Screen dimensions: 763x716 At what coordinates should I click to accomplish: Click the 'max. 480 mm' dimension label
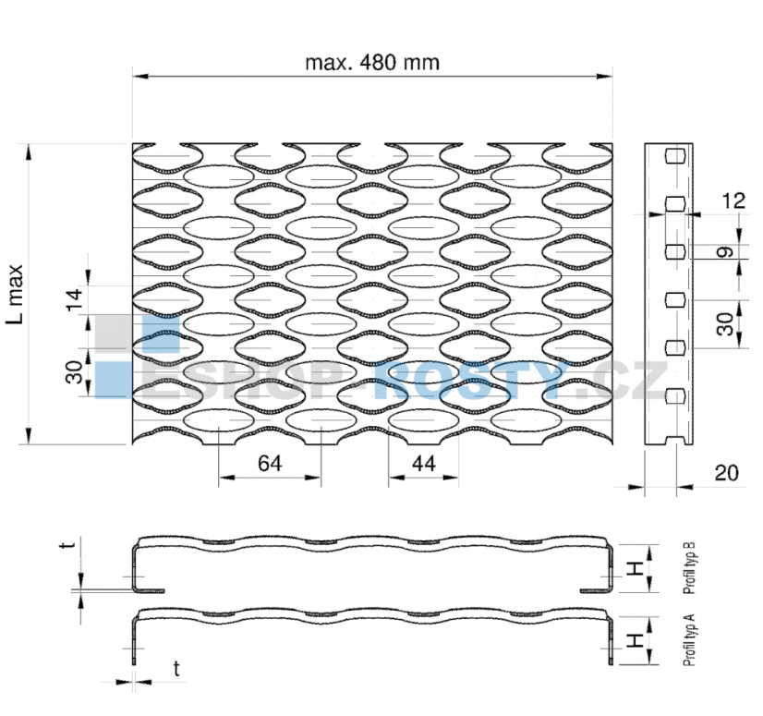(x=372, y=63)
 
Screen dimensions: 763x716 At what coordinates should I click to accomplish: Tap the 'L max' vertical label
(x=16, y=294)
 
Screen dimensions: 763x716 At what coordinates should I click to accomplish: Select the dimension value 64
(x=270, y=463)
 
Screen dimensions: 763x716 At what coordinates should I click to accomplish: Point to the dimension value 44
(x=424, y=464)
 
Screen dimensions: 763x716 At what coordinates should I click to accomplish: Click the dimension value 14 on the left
(x=75, y=299)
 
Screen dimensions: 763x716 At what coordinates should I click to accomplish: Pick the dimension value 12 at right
(x=733, y=200)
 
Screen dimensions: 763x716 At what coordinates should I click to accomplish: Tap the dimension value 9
(x=725, y=252)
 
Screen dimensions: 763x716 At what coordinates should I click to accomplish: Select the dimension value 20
(x=726, y=473)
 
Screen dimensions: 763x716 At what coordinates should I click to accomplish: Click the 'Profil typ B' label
(x=689, y=568)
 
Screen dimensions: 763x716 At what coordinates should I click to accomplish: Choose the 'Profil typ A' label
(x=689, y=640)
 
